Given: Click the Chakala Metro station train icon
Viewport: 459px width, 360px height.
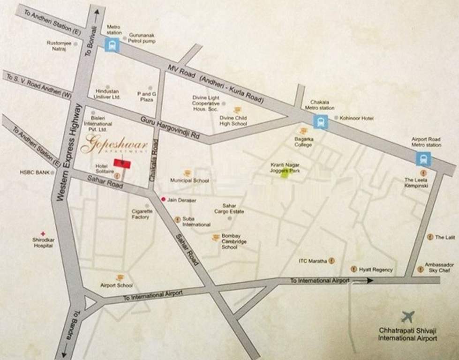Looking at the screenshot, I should click(321, 122).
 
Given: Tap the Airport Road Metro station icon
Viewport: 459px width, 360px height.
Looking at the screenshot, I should click(423, 159).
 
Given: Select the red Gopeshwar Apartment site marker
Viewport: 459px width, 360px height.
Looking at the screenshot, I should click(122, 163).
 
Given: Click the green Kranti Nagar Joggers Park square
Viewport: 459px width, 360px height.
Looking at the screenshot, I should click(284, 174).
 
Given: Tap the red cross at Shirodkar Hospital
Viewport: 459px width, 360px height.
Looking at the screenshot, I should click(43, 233).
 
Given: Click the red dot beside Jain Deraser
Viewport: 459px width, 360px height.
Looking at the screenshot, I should click(163, 199).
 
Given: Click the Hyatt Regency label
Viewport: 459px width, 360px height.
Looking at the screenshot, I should click(376, 270).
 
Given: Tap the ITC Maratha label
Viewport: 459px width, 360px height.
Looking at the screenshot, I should click(313, 261).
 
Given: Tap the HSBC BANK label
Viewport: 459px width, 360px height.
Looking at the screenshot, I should click(34, 172).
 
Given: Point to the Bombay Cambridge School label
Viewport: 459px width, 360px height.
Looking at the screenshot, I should click(234, 241).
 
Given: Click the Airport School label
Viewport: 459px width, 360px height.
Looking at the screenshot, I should click(117, 285).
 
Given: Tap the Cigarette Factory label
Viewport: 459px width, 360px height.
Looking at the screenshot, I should click(142, 214).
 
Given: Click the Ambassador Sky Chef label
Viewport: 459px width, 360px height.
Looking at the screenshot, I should click(439, 268).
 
